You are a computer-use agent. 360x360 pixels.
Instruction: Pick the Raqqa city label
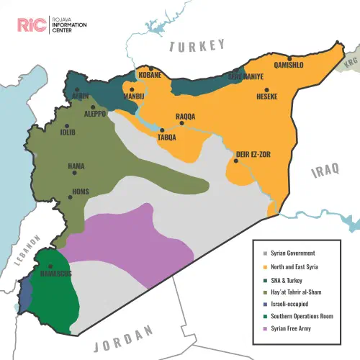tap(187, 116)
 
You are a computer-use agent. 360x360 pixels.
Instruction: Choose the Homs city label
tap(81, 192)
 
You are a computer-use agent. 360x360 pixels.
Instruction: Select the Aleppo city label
tap(95, 114)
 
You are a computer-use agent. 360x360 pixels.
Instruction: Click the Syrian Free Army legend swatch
tap(266, 328)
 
